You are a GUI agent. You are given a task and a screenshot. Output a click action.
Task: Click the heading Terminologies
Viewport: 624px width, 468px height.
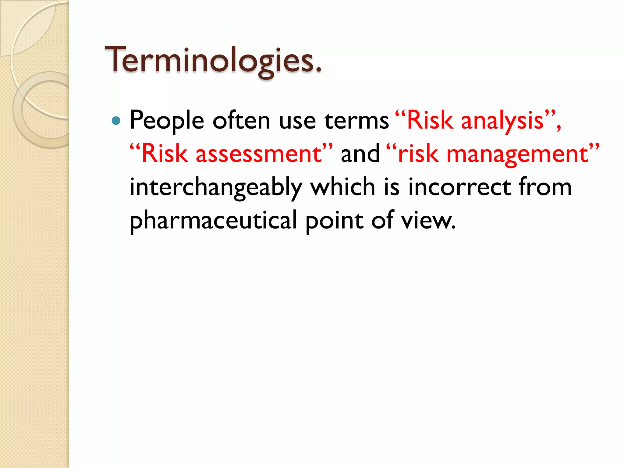[x=213, y=60]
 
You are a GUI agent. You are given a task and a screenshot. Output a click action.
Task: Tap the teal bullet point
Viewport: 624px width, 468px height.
[x=116, y=121]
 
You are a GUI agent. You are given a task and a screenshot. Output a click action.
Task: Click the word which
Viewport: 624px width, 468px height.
[x=342, y=187]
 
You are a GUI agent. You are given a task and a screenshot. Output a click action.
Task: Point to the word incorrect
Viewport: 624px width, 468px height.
[x=459, y=187]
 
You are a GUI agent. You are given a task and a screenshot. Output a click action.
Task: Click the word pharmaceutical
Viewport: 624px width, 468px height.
[x=213, y=220]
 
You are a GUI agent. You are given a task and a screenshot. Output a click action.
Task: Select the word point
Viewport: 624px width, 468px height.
[x=334, y=220]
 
